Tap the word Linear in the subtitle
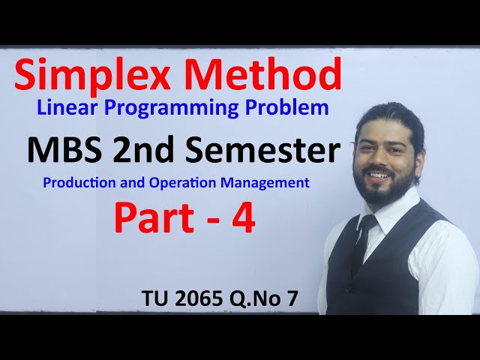[63, 108]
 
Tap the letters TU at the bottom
[156, 298]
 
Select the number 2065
[196, 298]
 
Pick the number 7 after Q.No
[291, 298]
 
